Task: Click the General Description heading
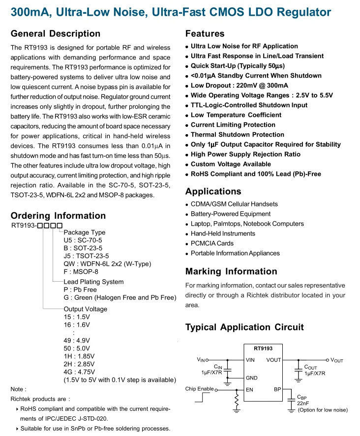[56, 34]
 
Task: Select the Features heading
[205, 34]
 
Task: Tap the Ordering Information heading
[58, 216]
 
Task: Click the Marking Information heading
[231, 271]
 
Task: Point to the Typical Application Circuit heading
[244, 327]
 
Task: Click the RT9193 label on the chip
[263, 349]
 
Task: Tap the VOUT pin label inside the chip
[273, 360]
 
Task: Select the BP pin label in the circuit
[277, 389]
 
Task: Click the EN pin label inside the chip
[250, 389]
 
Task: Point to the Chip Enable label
[199, 389]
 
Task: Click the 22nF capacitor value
[302, 404]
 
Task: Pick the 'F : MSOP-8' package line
[81, 272]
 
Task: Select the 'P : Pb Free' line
[80, 290]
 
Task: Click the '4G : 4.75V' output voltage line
[80, 372]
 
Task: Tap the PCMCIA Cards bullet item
[212, 243]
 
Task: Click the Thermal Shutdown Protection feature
[237, 135]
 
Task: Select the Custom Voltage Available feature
[231, 164]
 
